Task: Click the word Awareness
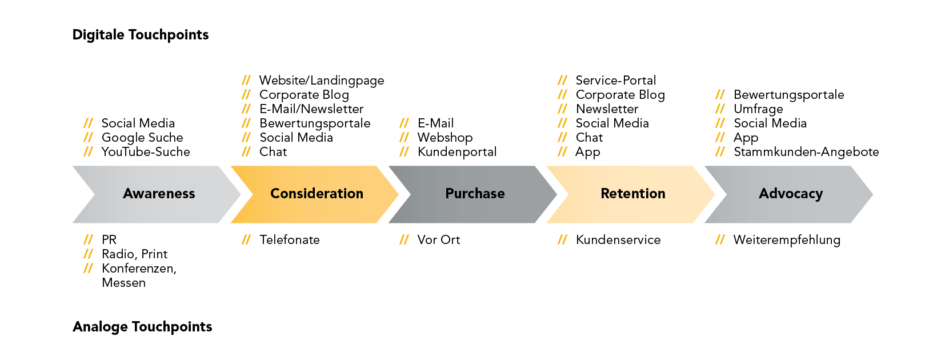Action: [159, 194]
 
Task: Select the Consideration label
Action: [317, 194]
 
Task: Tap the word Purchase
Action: [475, 194]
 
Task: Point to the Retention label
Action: [632, 194]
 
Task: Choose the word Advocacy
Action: [790, 194]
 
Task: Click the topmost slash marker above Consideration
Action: [246, 80]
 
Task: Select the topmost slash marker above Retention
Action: [562, 80]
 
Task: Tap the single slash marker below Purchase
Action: [404, 239]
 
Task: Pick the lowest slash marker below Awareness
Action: [88, 268]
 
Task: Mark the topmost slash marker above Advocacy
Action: [720, 94]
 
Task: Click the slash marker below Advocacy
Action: [720, 239]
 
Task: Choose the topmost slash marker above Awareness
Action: [88, 123]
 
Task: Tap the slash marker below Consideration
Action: [246, 239]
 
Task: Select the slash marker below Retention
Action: [562, 239]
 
